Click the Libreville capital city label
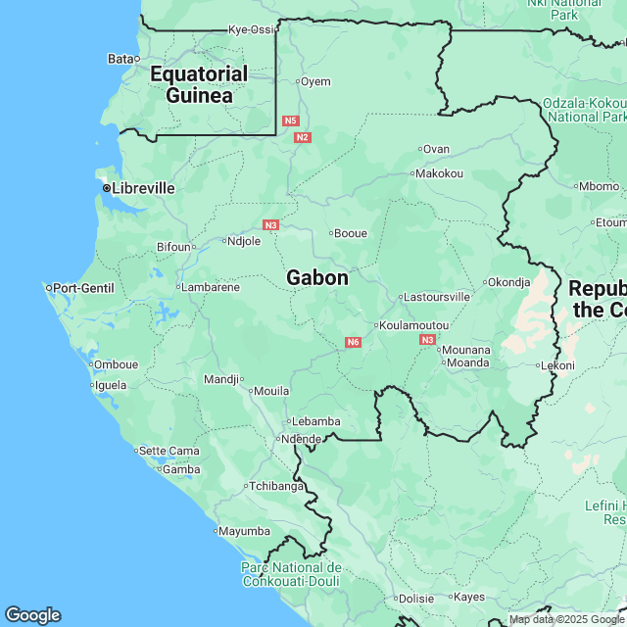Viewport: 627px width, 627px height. coord(143,187)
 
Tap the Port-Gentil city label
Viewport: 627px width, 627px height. coord(83,288)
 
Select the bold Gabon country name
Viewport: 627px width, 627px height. coord(316,278)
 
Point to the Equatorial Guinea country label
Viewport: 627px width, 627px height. coord(199,84)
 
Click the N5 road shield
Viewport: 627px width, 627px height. coord(290,121)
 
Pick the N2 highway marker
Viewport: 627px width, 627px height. coord(302,137)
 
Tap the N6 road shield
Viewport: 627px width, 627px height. coord(353,342)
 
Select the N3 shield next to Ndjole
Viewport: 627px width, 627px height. coord(271,224)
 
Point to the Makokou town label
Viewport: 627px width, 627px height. coord(439,173)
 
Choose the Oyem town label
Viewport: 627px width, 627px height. coord(315,81)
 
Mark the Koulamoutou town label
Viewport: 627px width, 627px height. coord(415,325)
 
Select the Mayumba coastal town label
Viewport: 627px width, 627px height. coord(245,531)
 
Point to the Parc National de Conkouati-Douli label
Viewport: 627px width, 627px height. coord(291,574)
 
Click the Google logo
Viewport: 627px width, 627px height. coord(31,615)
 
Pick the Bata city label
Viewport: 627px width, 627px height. coord(121,59)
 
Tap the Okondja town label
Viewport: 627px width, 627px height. coord(508,281)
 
